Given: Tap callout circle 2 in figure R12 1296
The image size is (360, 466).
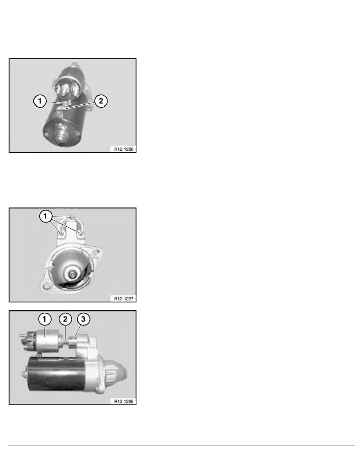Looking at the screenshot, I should [x=101, y=101].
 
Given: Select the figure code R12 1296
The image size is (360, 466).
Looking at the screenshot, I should [x=124, y=149].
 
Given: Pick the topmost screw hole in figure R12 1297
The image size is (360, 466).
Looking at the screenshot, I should [x=71, y=217].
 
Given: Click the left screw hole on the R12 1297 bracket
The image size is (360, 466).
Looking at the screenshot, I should [x=62, y=234].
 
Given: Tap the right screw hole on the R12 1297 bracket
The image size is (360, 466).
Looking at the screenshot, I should [x=80, y=234].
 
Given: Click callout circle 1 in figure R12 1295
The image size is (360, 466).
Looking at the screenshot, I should [x=44, y=320].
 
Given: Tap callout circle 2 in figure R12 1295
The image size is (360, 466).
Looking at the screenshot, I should [x=65, y=320].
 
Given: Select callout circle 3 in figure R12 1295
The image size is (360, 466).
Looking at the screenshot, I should [x=83, y=320].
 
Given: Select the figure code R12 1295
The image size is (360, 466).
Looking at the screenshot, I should [x=124, y=401].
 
